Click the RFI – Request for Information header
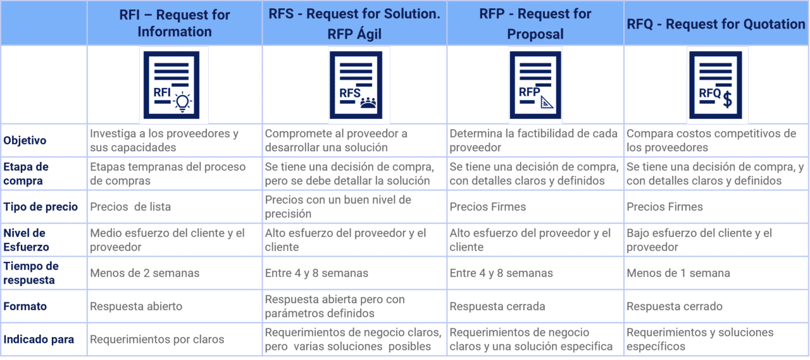pos(174,23)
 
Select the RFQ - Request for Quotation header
pos(716,24)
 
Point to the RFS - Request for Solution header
pos(354,23)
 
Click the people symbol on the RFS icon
pos(368,102)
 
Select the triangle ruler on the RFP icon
pos(547,102)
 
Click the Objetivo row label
pos(25,140)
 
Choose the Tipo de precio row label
pos(40,207)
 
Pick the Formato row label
pos(25,306)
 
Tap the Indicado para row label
pos(39,340)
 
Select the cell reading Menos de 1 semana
pos(678,273)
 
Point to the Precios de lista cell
pos(130,207)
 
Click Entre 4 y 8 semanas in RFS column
pos(316,273)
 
